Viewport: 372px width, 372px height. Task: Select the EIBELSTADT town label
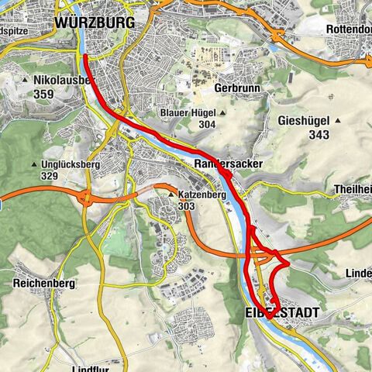point(280,311)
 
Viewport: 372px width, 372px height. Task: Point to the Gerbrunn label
point(232,89)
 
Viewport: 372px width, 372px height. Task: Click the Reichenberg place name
point(43,284)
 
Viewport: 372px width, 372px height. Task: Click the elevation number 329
point(51,177)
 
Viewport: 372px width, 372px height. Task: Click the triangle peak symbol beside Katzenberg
point(171,195)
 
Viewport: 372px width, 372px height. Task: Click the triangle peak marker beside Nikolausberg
point(26,80)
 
